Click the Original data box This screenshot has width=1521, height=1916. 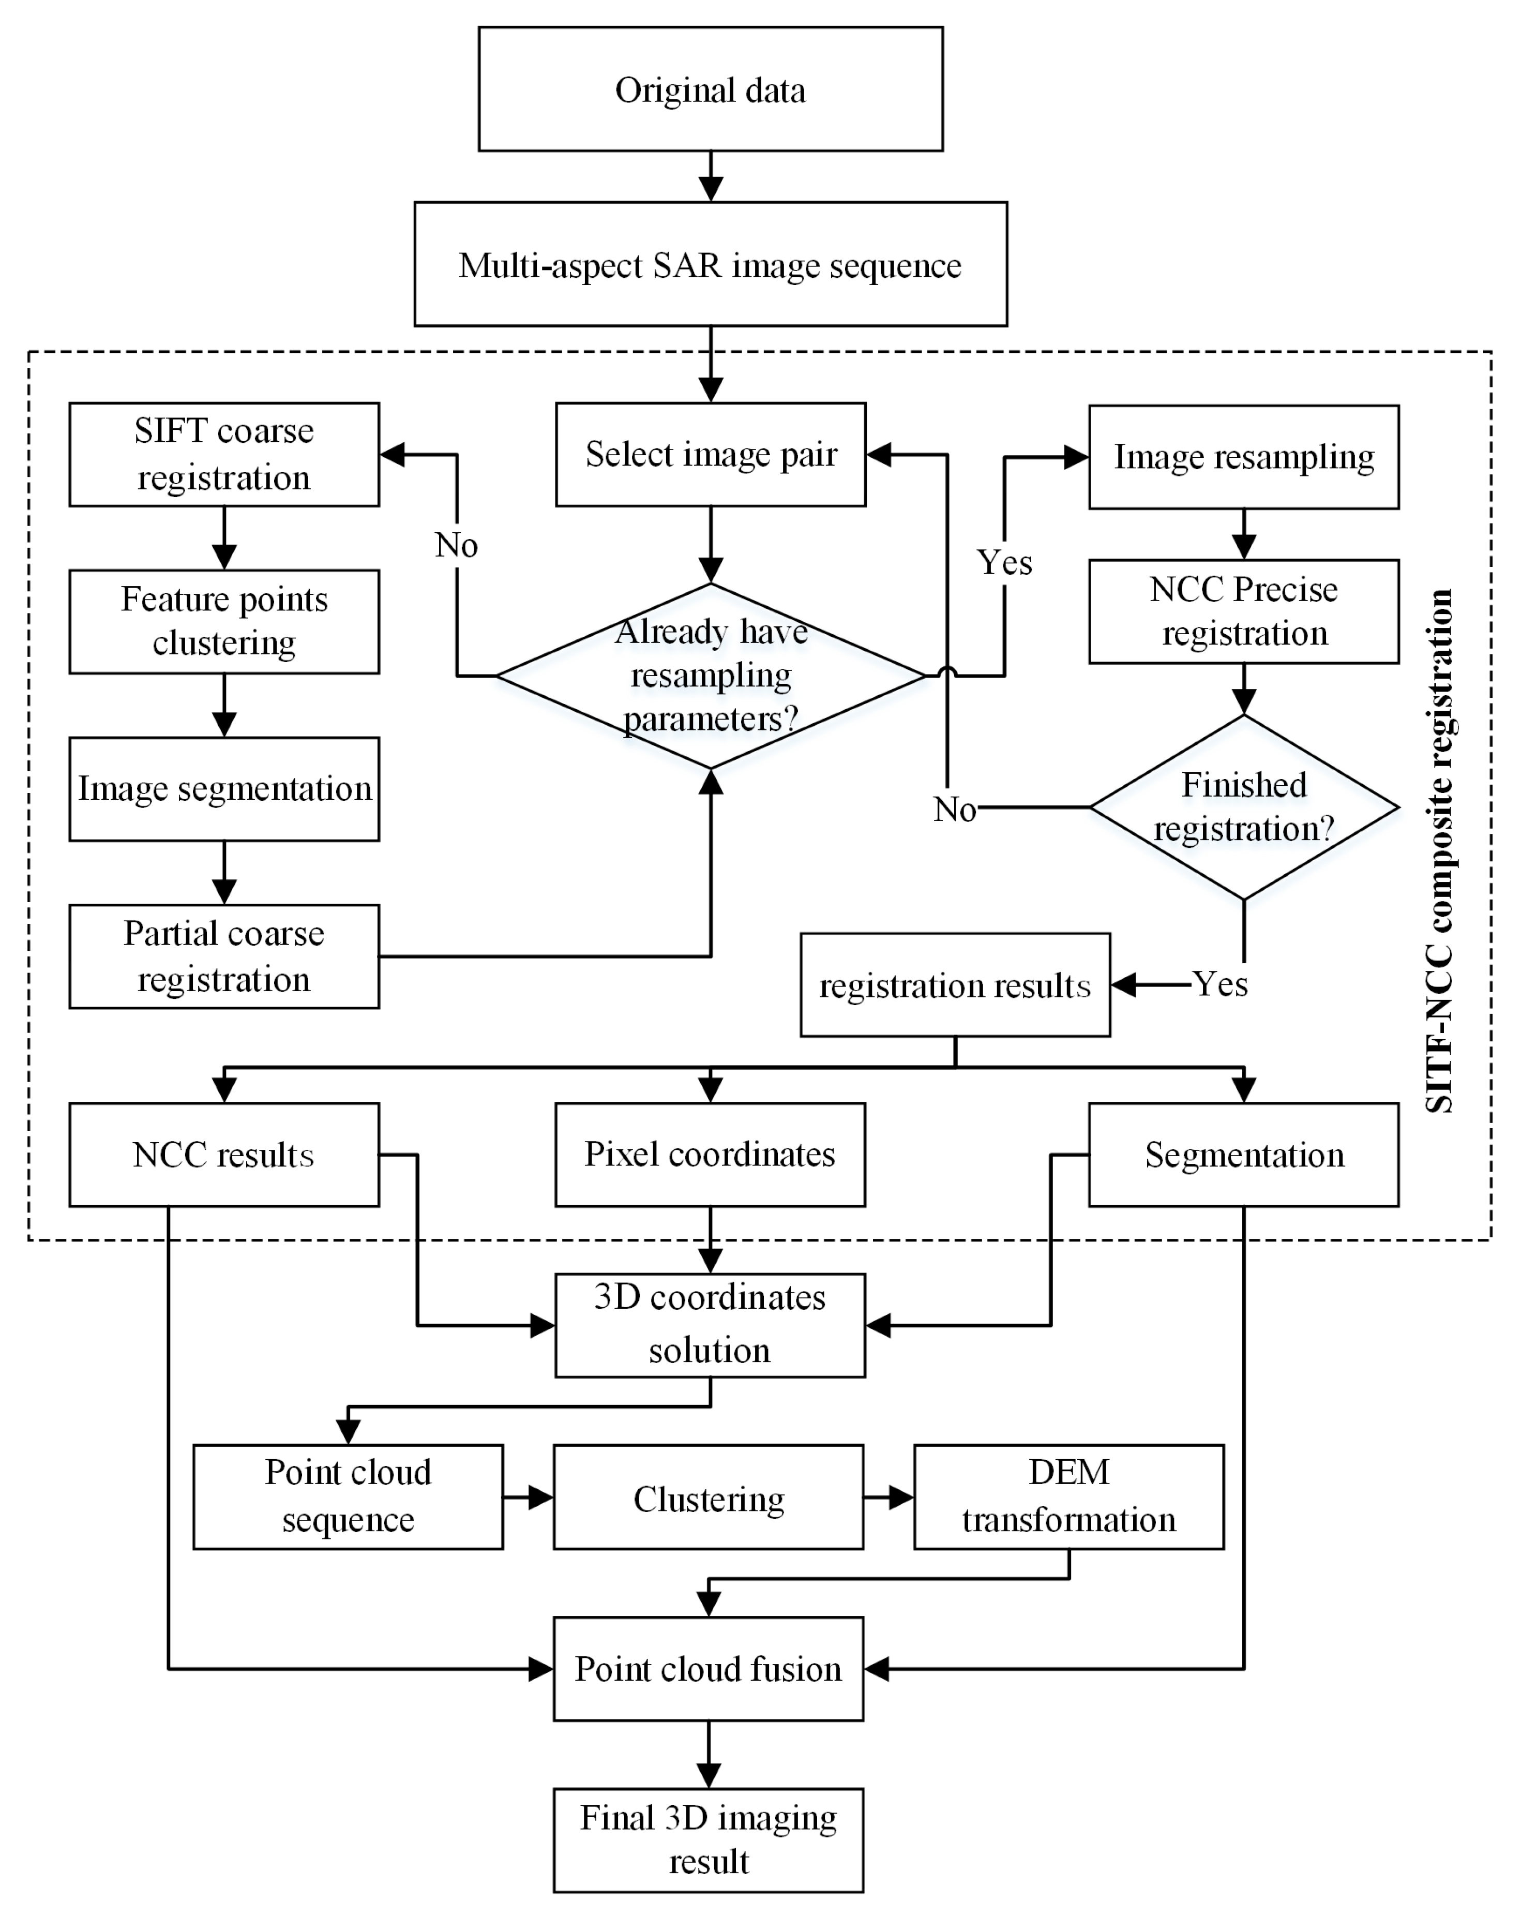[710, 89]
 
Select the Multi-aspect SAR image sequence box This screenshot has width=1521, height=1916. [710, 264]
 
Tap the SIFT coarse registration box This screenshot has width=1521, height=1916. [224, 454]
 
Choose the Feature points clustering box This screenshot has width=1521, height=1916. [224, 621]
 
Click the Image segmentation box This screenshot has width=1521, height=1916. [224, 788]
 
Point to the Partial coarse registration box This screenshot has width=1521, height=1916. [224, 956]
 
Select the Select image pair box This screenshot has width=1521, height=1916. [710, 454]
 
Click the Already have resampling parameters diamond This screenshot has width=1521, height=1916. [710, 676]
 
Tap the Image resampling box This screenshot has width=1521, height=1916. [1244, 457]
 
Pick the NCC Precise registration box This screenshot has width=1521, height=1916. [1244, 611]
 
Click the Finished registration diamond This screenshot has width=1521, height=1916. [1244, 807]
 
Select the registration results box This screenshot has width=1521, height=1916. [955, 985]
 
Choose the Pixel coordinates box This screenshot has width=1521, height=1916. [710, 1155]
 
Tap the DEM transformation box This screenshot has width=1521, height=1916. [1069, 1496]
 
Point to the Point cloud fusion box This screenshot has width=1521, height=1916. [708, 1669]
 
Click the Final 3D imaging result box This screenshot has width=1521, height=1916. [708, 1839]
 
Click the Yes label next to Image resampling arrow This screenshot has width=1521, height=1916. [1005, 562]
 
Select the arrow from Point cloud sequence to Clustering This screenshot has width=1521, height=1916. [528, 1498]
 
